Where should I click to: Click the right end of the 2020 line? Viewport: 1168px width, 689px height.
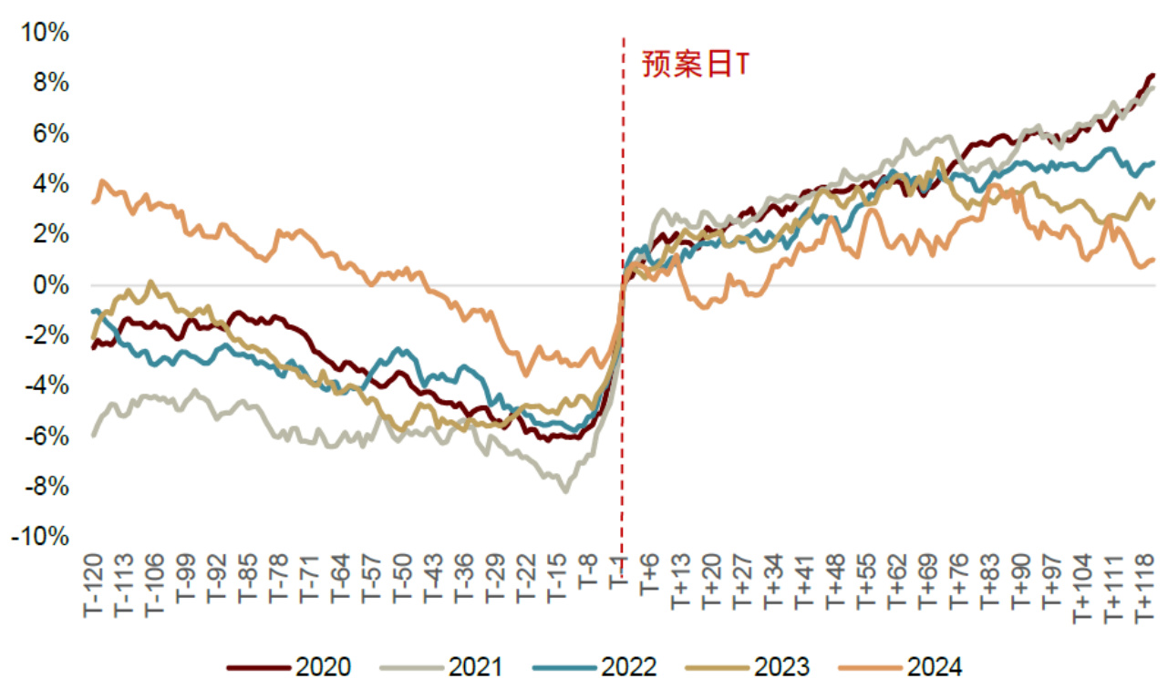(x=1152, y=76)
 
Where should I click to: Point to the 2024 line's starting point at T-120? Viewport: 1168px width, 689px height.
(x=94, y=201)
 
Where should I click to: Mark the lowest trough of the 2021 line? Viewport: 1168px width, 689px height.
(x=565, y=491)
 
